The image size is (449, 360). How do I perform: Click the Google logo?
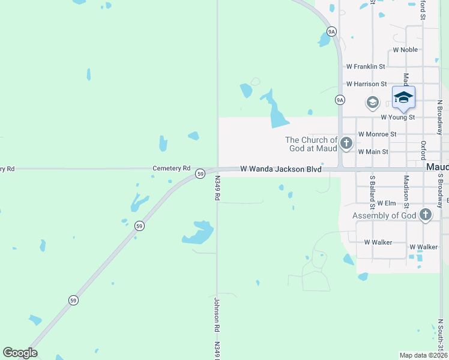[20, 353]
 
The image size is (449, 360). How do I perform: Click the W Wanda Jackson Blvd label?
[281, 170]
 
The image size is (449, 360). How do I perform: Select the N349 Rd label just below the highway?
[217, 188]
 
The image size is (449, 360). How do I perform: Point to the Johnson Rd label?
[217, 316]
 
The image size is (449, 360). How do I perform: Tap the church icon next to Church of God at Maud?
[346, 143]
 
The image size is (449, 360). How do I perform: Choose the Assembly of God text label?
[384, 215]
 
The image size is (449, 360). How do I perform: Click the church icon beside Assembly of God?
[426, 215]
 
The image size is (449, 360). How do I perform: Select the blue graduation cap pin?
[403, 97]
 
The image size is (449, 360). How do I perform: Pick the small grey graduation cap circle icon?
[372, 103]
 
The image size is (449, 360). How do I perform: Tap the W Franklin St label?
[366, 67]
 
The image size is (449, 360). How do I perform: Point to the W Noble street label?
[405, 50]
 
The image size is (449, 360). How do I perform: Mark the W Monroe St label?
[377, 134]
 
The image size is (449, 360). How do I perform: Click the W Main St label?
[373, 152]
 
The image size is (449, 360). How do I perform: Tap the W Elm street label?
[387, 203]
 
